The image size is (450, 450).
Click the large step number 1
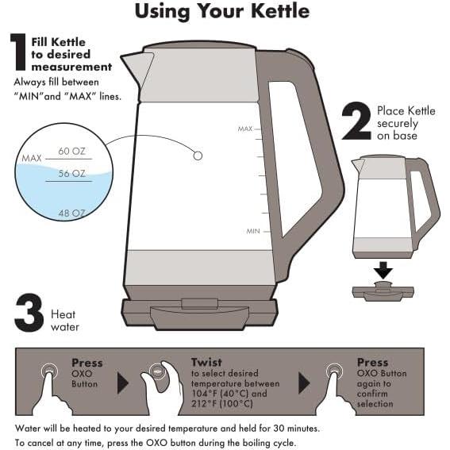point(19,52)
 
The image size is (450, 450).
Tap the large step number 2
point(356,121)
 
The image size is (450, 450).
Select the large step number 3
point(29,313)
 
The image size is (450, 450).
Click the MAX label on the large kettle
point(245,129)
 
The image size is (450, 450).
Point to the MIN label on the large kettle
point(253,231)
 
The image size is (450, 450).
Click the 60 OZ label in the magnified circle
point(71,151)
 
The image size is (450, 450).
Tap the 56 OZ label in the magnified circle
point(71,173)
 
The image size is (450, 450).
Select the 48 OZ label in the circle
point(71,213)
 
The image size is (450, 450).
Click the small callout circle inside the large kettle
point(198,156)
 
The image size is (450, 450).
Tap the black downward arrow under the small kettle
point(383,270)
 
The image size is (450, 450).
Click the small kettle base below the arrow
point(383,291)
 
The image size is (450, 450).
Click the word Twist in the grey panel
point(206,362)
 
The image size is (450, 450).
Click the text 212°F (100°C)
point(222,404)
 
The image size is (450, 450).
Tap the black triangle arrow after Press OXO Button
point(123,383)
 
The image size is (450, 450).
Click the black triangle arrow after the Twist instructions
point(304,383)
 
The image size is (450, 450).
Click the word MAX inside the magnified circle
point(32,158)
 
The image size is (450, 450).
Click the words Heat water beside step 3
point(65,321)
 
